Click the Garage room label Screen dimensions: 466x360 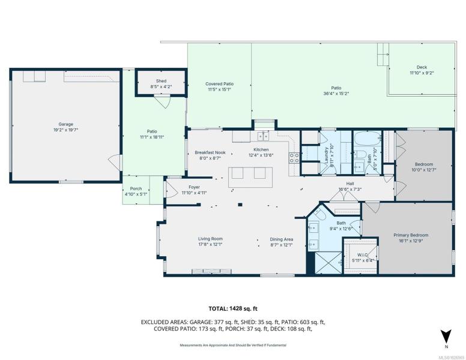[65, 124]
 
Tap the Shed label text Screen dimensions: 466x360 [161, 81]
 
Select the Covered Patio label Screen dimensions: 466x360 [219, 84]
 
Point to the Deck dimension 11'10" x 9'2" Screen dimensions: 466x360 [422, 73]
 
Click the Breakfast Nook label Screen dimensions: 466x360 [210, 152]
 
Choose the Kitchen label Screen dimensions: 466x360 [261, 149]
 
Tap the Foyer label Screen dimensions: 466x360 [194, 187]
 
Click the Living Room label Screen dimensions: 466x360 [210, 239]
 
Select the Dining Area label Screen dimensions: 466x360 [282, 239]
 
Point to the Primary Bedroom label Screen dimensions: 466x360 [411, 235]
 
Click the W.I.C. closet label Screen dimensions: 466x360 [362, 255]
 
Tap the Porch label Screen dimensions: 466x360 [136, 188]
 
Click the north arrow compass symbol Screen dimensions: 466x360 [446, 337]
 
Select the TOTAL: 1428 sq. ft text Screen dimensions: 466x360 [233, 308]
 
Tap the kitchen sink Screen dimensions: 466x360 [263, 136]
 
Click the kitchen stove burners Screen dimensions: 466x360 [294, 157]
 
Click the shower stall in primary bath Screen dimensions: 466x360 [328, 263]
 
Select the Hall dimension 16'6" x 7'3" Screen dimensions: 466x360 [350, 189]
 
